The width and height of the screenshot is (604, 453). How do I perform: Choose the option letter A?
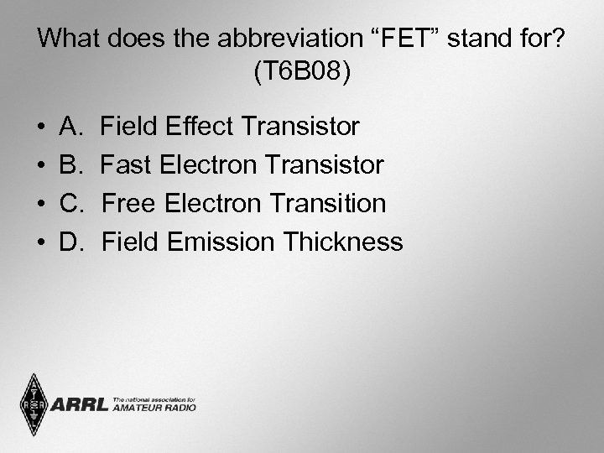pos(70,128)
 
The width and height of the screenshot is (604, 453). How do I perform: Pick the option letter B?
pos(70,165)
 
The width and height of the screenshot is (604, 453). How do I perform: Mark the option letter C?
pos(71,204)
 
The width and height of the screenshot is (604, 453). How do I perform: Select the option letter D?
pos(71,242)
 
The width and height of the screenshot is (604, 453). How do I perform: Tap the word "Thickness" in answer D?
pos(342,242)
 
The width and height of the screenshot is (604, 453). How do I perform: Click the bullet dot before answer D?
pos(41,243)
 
